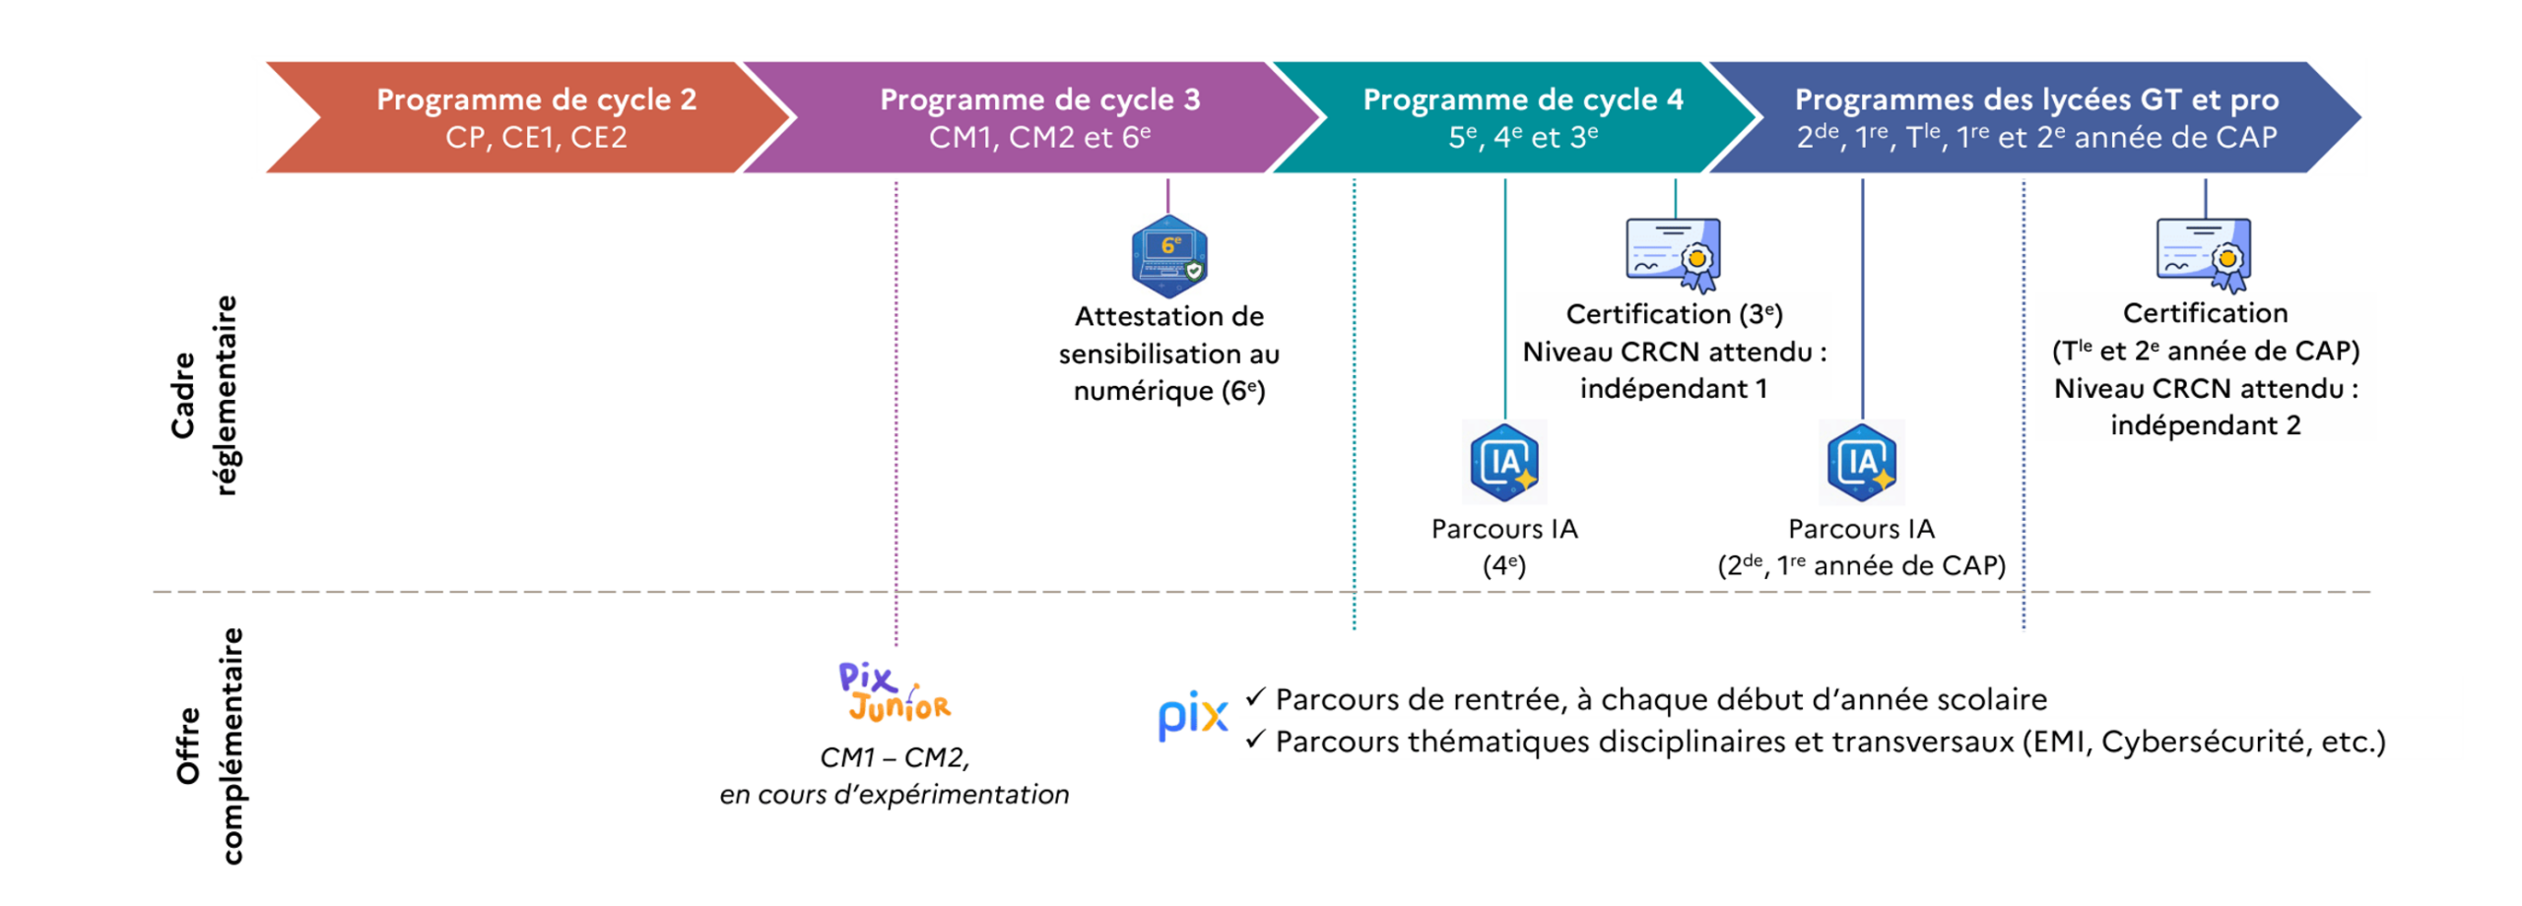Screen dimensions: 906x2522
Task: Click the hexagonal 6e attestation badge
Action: (1167, 256)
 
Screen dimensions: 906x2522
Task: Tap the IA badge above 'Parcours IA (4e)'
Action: (1503, 462)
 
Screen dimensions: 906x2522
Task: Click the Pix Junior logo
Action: (894, 691)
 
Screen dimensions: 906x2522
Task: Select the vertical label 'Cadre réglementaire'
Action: (204, 394)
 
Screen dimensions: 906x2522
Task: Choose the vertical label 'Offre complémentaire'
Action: (208, 745)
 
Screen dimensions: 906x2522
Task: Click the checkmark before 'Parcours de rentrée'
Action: (1254, 697)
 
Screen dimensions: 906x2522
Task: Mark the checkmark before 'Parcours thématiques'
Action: (1254, 740)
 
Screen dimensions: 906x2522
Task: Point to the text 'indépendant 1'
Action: (1673, 389)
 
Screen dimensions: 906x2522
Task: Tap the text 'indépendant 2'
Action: (2205, 425)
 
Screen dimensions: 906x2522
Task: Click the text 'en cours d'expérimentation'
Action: (894, 795)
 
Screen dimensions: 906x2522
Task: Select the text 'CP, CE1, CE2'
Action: (535, 137)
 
